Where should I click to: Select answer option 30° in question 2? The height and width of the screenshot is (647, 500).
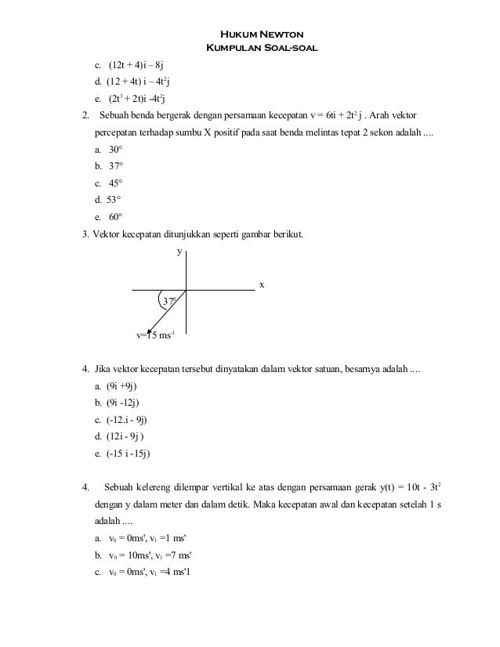coord(115,149)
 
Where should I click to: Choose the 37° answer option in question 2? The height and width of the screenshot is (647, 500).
coord(115,166)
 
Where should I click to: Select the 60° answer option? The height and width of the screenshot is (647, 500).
coord(115,217)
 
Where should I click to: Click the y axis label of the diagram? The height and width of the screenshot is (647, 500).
coord(179,252)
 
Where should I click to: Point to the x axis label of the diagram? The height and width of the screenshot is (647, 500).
coord(262,285)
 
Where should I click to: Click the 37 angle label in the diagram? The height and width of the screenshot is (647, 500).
coord(168,302)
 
